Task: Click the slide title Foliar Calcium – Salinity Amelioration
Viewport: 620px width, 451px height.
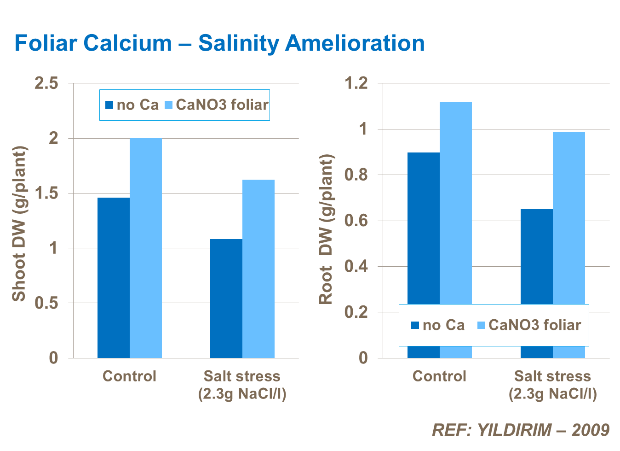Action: coord(219,44)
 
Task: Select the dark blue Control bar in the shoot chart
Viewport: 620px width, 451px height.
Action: coord(114,277)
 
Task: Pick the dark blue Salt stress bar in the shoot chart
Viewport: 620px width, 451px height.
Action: coord(226,298)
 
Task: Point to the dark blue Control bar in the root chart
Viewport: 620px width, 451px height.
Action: coord(424,228)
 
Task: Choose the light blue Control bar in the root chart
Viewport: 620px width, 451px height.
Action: coord(456,203)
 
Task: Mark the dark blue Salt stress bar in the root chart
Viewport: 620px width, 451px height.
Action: coord(537,256)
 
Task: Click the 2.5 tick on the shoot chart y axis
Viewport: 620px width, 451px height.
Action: coord(47,83)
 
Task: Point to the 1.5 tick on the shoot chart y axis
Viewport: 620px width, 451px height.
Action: coord(47,193)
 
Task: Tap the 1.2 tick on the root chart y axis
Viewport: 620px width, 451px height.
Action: coord(357,83)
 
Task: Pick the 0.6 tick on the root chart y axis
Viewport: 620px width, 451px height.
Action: coord(357,221)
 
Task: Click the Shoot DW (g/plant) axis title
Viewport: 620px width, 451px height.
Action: coord(19,224)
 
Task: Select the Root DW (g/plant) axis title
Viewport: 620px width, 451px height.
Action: coord(326,229)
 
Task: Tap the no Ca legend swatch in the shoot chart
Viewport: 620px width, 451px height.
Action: coord(109,105)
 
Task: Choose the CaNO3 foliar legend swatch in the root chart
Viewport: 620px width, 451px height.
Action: coord(482,325)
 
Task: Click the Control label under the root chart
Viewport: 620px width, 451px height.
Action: coord(439,376)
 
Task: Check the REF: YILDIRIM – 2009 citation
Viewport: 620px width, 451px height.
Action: coord(521,430)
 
